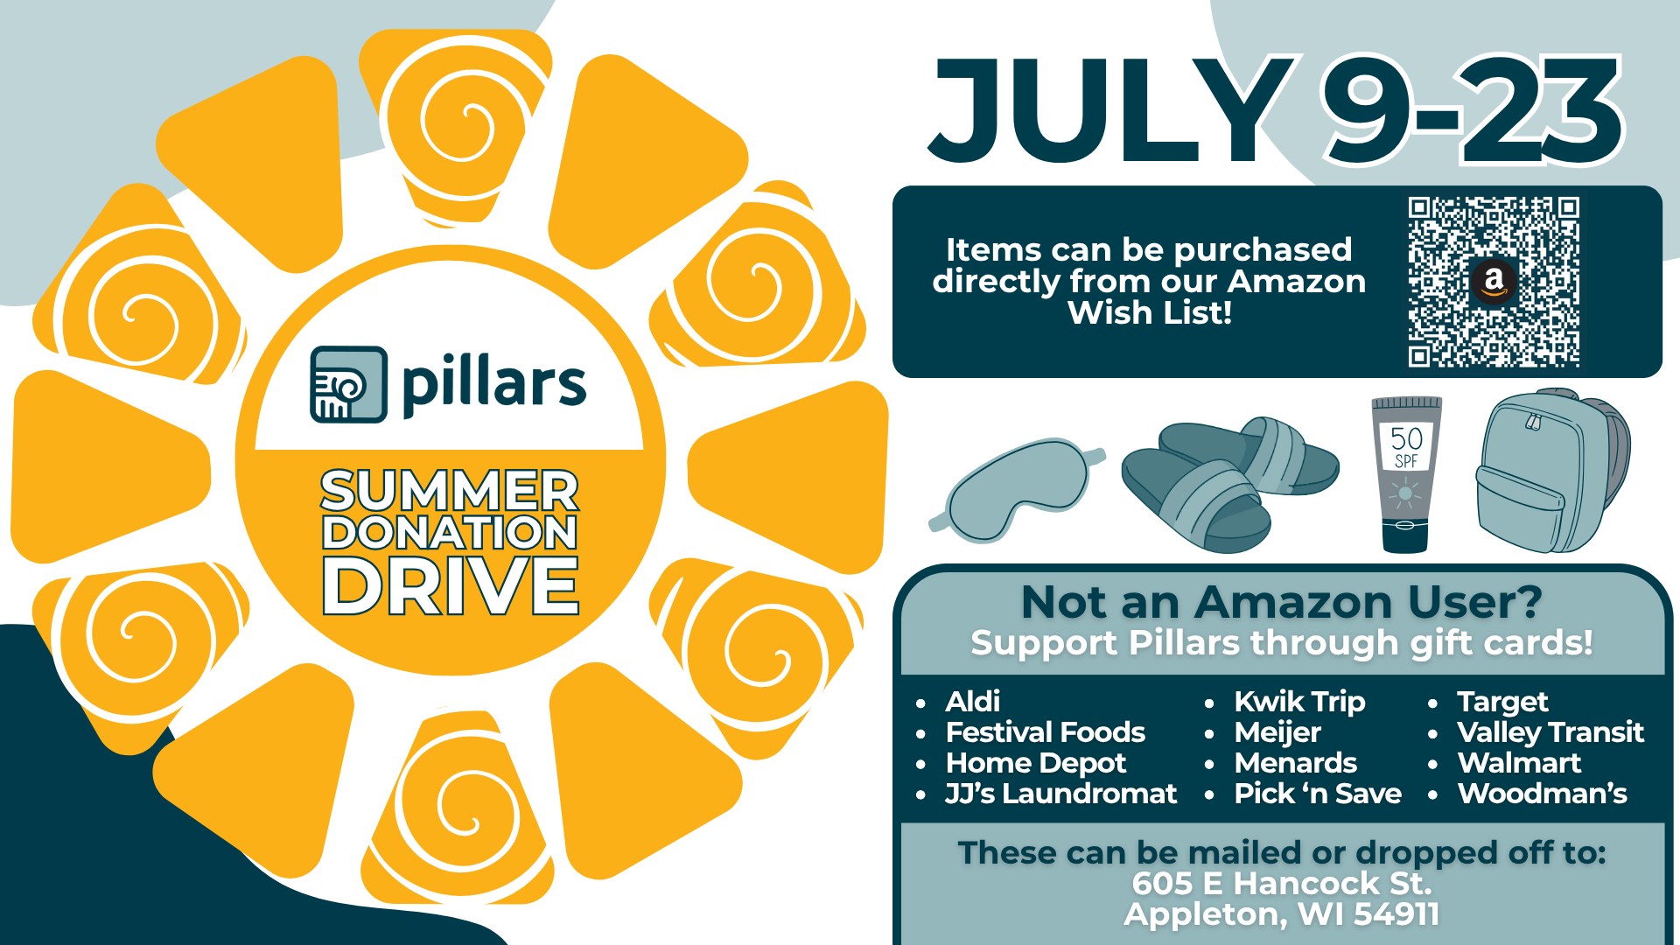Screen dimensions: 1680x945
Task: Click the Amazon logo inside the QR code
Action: coord(1494,282)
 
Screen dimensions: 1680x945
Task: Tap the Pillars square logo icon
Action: coord(348,384)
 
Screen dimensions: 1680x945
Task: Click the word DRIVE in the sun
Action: coord(451,585)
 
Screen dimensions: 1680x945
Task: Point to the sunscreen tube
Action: coord(1405,474)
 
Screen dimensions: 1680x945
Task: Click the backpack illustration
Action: coord(1551,472)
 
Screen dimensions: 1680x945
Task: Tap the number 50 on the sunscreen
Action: coord(1406,438)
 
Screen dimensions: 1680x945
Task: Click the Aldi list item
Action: coord(973,702)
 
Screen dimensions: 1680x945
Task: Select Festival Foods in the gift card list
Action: coord(1046,732)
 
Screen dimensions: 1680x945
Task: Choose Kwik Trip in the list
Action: coord(1299,703)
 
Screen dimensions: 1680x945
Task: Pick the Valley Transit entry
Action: coord(1550,732)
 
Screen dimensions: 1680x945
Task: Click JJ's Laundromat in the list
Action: coord(1060,794)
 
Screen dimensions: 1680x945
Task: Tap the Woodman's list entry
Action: coord(1542,794)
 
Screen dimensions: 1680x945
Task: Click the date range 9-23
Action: coord(1472,110)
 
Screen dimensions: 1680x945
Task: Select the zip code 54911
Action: coord(1396,914)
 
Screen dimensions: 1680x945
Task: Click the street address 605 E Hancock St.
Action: coord(1282,884)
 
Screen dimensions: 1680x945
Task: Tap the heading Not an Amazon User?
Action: coord(1281,602)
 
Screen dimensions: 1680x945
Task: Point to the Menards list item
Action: coord(1295,763)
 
